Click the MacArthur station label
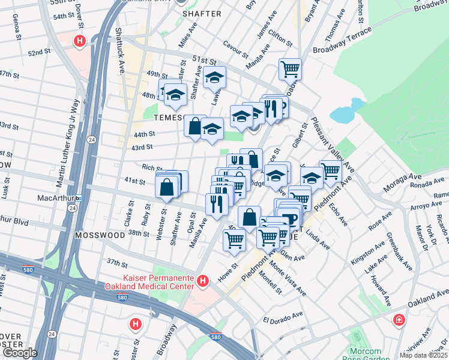point(50,197)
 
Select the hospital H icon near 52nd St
point(79,41)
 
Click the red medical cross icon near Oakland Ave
point(398,320)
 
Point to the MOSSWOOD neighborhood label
point(100,236)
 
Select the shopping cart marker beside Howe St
point(234,239)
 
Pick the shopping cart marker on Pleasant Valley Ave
point(330,171)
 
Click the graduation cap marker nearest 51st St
point(214,77)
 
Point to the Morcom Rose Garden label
point(365,355)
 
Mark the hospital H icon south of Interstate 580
point(136,325)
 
